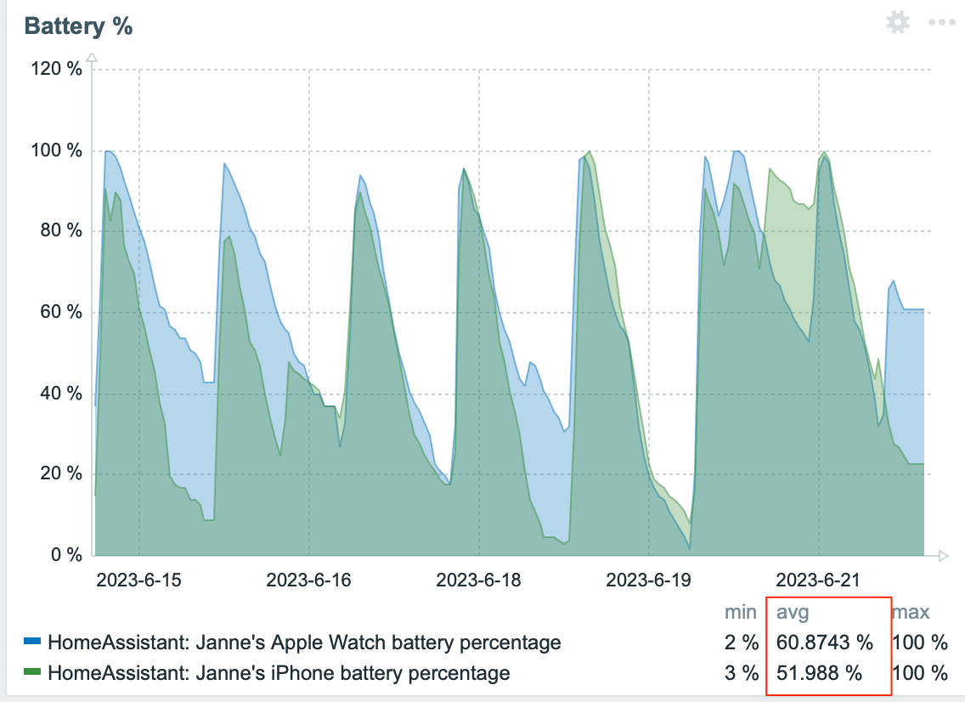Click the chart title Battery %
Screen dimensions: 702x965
pos(79,26)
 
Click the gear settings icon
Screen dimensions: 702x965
pos(897,22)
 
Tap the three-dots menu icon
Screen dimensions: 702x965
pos(942,22)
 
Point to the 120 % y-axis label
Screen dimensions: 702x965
pos(57,70)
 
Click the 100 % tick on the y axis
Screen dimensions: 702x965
pos(57,150)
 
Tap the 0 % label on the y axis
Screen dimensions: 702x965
pos(65,554)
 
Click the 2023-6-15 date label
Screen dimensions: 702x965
pos(138,580)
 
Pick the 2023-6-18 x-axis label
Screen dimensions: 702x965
pos(478,580)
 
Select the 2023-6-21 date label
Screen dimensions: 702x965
pos(818,580)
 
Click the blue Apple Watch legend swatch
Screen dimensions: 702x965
pos(32,642)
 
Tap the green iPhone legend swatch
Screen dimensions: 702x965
pos(32,674)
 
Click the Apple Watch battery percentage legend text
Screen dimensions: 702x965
pos(304,642)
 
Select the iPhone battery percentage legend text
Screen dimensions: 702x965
pos(279,674)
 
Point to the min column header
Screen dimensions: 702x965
pos(741,612)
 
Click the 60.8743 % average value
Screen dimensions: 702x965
pos(824,642)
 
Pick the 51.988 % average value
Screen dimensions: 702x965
pos(819,674)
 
